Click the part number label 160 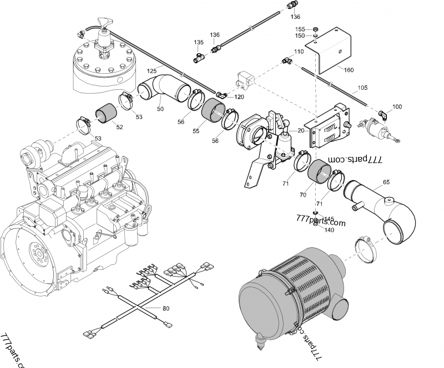(x=349, y=70)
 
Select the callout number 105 (x=362, y=88)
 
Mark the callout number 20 (x=301, y=131)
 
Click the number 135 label (x=199, y=42)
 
